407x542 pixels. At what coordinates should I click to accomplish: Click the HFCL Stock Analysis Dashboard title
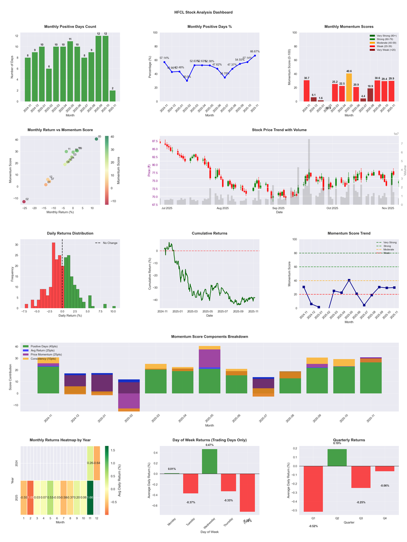(203, 12)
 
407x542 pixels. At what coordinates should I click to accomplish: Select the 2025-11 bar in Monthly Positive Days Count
(112, 96)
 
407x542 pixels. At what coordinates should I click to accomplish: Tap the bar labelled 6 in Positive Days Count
(49, 85)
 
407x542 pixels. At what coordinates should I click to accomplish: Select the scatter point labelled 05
(97, 139)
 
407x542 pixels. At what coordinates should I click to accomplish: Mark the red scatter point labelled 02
(24, 202)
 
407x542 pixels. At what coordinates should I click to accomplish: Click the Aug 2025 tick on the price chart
(222, 208)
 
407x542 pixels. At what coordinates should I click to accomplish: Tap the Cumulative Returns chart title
(210, 233)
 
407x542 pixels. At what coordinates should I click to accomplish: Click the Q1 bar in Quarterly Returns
(313, 489)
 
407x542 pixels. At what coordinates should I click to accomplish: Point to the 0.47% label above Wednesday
(210, 445)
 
